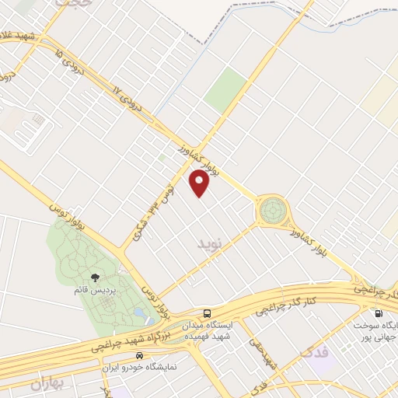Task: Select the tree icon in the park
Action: [96, 277]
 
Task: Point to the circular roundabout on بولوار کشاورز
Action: [274, 209]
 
